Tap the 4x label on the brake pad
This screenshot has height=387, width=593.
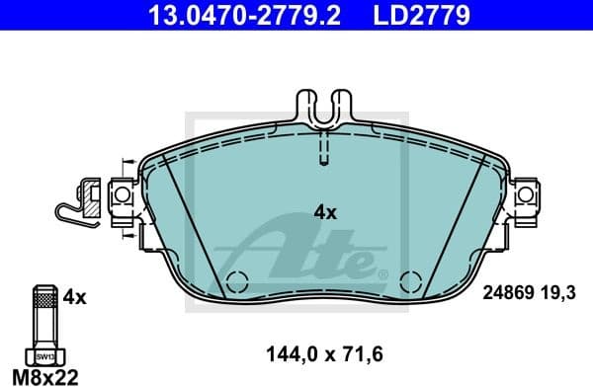[x=325, y=211]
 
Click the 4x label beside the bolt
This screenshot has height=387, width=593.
[x=75, y=295]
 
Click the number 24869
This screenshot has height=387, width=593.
[x=508, y=293]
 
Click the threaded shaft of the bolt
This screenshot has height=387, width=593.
[x=43, y=316]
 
